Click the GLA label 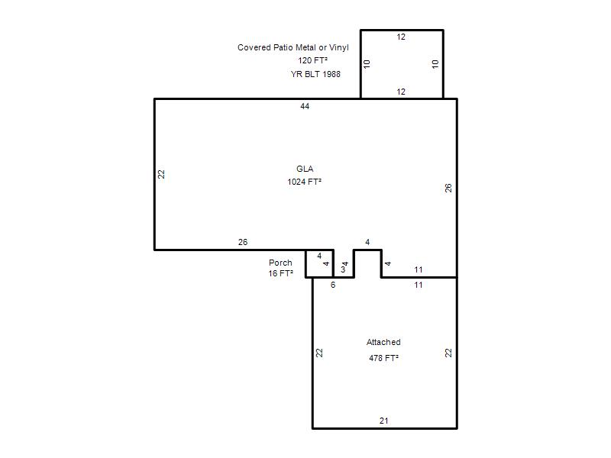(305, 169)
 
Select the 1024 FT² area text (304, 182)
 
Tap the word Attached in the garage (383, 342)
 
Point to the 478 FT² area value (383, 358)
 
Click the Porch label (280, 263)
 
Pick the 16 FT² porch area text (280, 273)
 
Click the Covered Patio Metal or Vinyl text (293, 47)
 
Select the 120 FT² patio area (312, 60)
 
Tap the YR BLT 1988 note (315, 74)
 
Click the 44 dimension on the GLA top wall (305, 106)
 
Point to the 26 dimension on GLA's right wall (448, 188)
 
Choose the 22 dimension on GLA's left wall (161, 174)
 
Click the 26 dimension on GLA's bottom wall (243, 242)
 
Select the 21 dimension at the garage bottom (384, 421)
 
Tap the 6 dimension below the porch (333, 285)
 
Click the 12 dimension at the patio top (401, 37)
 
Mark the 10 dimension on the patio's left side (367, 64)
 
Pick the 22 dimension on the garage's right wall (448, 353)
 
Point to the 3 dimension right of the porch (343, 269)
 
